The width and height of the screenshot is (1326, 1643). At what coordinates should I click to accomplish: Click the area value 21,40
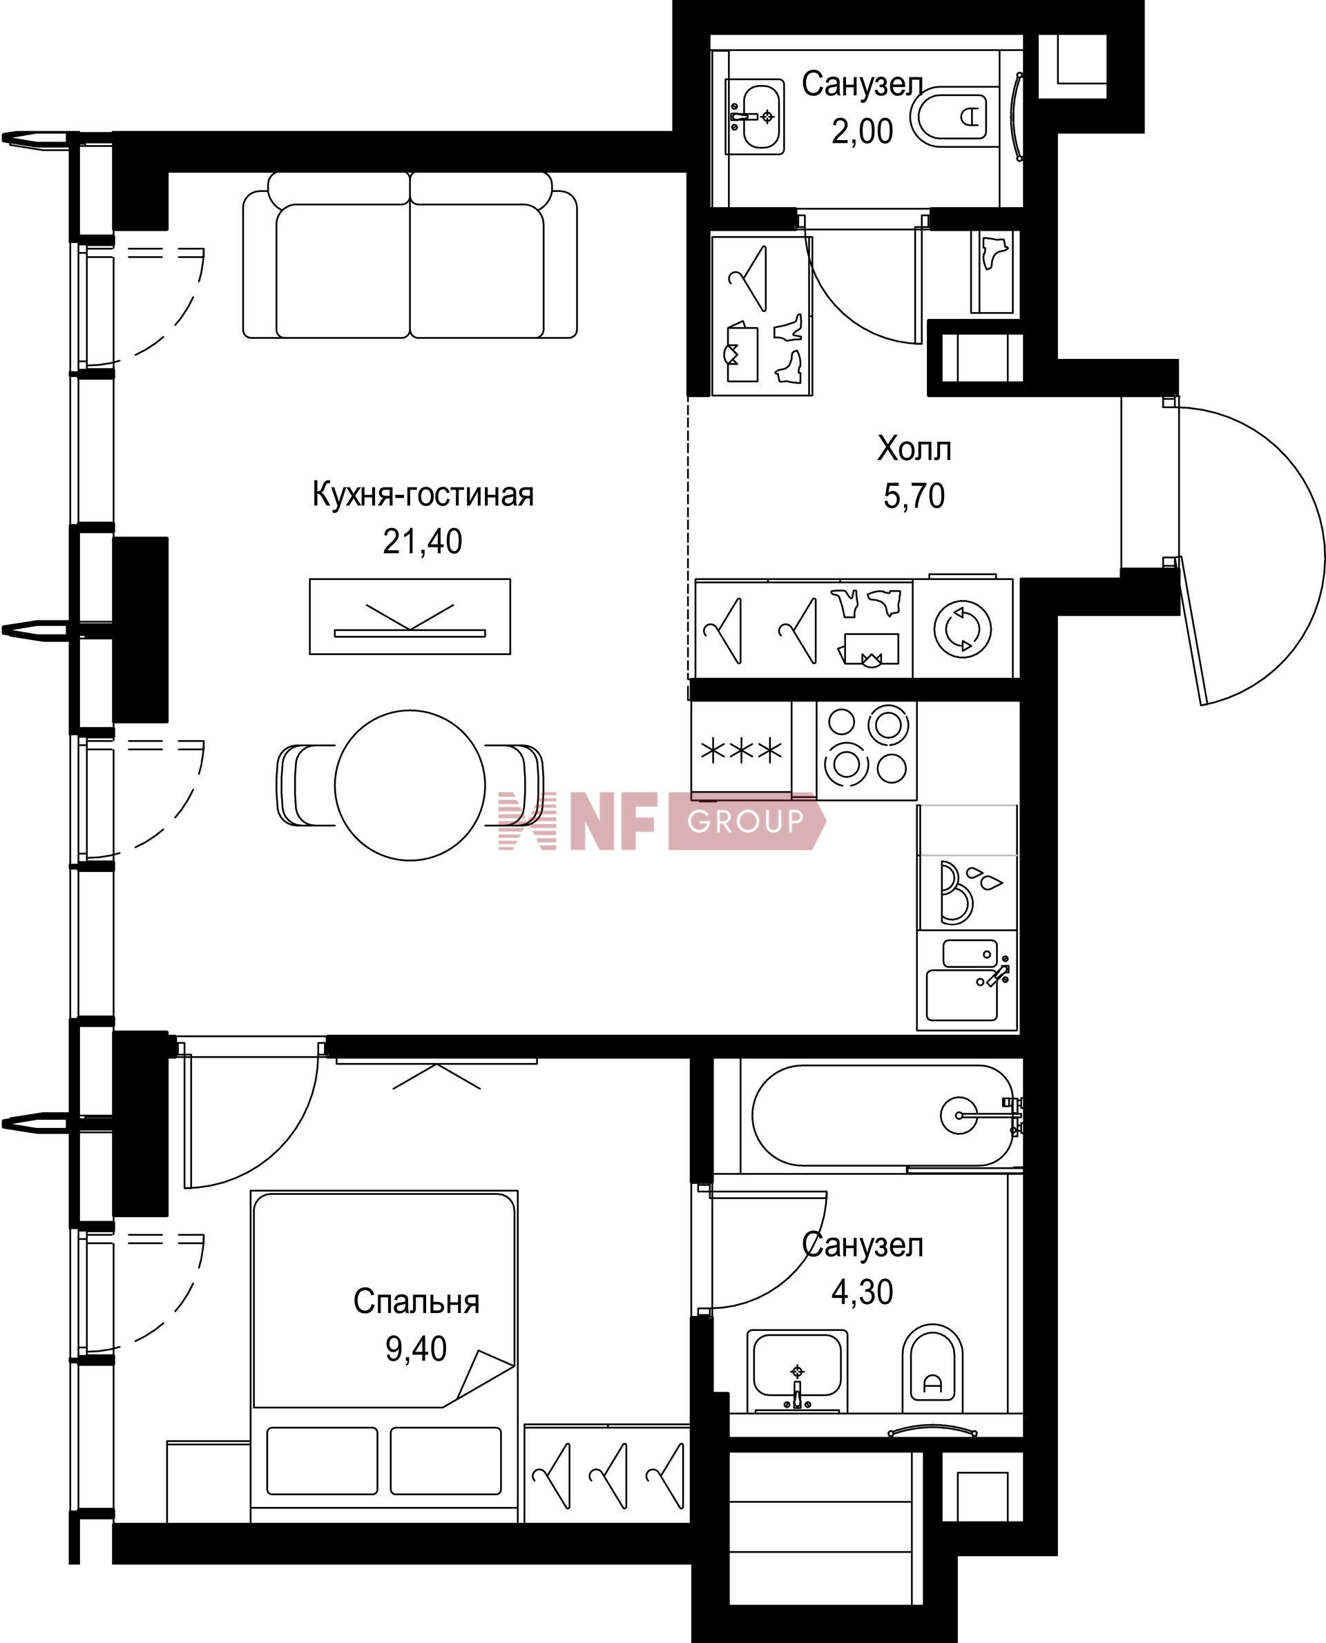(423, 541)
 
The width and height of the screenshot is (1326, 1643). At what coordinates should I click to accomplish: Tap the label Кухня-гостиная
(423, 495)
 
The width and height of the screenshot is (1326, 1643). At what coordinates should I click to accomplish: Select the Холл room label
(914, 449)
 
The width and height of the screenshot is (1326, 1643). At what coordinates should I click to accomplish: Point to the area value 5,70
(914, 496)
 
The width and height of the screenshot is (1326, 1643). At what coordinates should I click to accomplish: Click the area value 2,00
(863, 131)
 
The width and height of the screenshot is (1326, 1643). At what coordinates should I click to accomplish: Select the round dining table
(410, 786)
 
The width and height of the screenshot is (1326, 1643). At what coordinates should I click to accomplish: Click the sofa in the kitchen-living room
(410, 255)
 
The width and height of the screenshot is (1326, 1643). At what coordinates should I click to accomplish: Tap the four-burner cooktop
(866, 750)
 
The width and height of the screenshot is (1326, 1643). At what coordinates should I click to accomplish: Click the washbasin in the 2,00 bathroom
(755, 117)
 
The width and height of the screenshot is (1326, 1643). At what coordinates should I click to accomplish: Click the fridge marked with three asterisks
(742, 750)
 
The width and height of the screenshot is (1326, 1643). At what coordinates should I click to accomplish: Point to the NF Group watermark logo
(661, 821)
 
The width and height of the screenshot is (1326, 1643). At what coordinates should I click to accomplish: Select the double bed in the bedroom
(384, 1350)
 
